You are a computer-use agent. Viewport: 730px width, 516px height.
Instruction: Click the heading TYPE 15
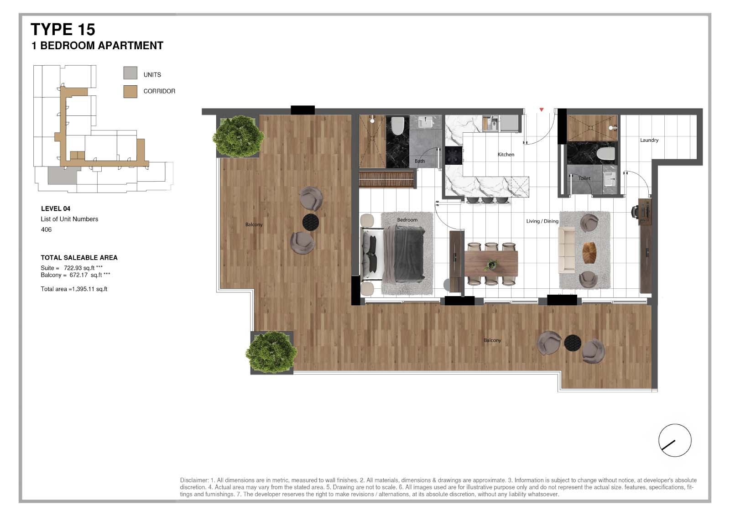pyautogui.click(x=63, y=30)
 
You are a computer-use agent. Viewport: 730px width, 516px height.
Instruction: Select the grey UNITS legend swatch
pyautogui.click(x=130, y=73)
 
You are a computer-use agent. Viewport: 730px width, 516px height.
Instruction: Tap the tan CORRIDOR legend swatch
pyautogui.click(x=130, y=91)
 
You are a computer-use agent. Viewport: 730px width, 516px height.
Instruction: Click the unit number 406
pyautogui.click(x=46, y=229)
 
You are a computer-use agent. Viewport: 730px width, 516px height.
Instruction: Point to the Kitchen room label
pyautogui.click(x=506, y=155)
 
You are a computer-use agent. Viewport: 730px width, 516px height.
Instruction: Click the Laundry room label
pyautogui.click(x=649, y=140)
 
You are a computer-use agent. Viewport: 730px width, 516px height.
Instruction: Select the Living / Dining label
pyautogui.click(x=542, y=221)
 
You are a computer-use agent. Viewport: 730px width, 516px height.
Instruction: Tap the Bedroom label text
pyautogui.click(x=407, y=220)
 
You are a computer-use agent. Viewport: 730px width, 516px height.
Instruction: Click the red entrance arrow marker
pyautogui.click(x=542, y=110)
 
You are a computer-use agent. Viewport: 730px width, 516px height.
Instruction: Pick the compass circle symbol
pyautogui.click(x=675, y=440)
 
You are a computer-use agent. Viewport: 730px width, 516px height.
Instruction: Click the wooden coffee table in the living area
pyautogui.click(x=589, y=252)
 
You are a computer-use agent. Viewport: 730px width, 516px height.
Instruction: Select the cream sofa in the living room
pyautogui.click(x=567, y=250)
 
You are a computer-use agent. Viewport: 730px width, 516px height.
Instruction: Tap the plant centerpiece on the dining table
pyautogui.click(x=491, y=264)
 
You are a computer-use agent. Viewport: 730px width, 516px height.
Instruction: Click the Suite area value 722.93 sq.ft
pyautogui.click(x=79, y=268)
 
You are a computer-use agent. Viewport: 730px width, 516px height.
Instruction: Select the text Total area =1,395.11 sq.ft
pyautogui.click(x=74, y=289)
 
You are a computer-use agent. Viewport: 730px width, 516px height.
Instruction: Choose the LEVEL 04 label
pyautogui.click(x=56, y=208)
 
